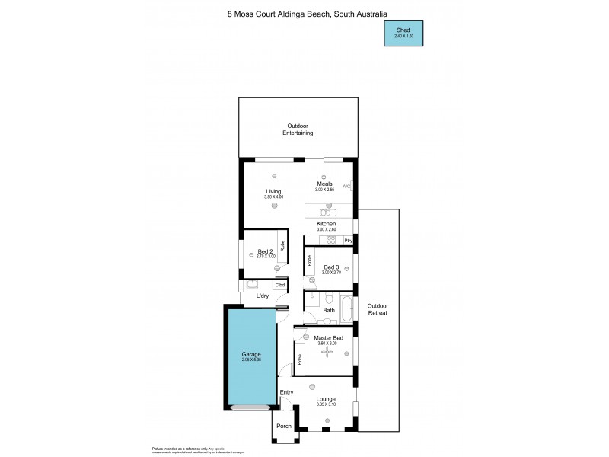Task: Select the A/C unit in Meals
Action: pyautogui.click(x=346, y=186)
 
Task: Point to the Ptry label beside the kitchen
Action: pyautogui.click(x=348, y=241)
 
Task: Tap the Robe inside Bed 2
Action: pyautogui.click(x=282, y=247)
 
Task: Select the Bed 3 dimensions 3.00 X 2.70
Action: pyautogui.click(x=332, y=272)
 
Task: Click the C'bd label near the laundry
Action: pyautogui.click(x=279, y=285)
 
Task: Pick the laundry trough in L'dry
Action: pyautogui.click(x=251, y=285)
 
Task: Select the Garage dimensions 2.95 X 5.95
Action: pyautogui.click(x=250, y=360)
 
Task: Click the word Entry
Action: pyautogui.click(x=286, y=392)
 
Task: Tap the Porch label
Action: pyautogui.click(x=284, y=427)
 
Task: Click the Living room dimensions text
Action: pyautogui.click(x=273, y=197)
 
